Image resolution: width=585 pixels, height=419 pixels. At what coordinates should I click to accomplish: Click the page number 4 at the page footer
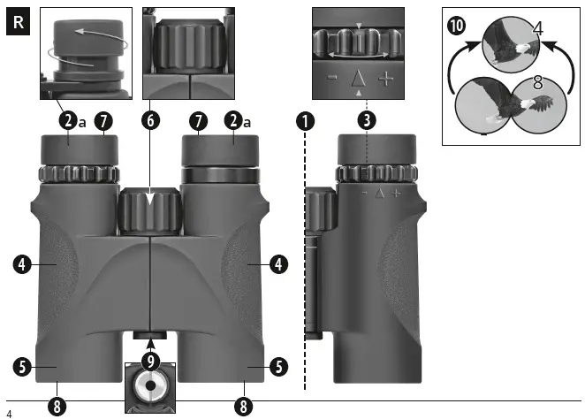(8, 413)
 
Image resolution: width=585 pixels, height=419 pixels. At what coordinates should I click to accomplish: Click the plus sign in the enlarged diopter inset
(386, 79)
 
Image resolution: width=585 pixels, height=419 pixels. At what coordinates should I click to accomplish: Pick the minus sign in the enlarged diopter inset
(330, 79)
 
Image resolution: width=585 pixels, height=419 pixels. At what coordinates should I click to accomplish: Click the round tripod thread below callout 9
(150, 386)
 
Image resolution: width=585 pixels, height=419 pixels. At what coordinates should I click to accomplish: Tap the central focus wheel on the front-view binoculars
(149, 211)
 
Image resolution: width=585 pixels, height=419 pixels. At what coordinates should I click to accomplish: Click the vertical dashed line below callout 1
(305, 265)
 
